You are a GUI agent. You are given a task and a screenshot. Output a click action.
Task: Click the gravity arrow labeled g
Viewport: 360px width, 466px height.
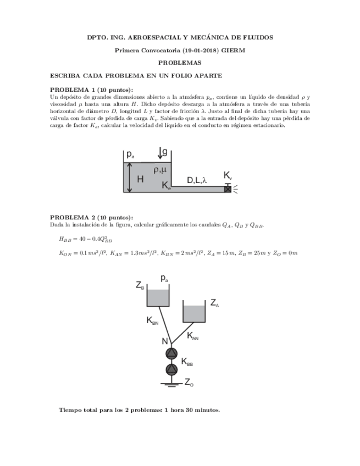(159, 152)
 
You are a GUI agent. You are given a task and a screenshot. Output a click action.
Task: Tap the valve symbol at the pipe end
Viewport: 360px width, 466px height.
(228, 189)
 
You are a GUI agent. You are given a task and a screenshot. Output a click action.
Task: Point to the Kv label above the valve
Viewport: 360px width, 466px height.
(228, 175)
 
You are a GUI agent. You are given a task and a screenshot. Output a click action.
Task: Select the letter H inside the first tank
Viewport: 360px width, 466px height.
(140, 179)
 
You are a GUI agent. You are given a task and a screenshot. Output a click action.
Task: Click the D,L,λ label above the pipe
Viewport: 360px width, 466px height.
(197, 180)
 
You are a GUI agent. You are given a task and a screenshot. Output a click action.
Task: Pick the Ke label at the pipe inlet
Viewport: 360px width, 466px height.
(166, 186)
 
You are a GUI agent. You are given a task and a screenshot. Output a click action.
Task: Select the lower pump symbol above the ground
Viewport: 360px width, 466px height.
(172, 369)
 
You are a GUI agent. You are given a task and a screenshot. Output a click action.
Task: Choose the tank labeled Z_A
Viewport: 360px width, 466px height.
(193, 313)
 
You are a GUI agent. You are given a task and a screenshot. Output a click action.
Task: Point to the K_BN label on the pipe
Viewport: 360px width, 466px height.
(152, 321)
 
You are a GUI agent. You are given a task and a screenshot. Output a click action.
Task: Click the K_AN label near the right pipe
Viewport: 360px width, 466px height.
(192, 336)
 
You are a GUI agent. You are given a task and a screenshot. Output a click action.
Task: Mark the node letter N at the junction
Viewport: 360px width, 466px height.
(164, 341)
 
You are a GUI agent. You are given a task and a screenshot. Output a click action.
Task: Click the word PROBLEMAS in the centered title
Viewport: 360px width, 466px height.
(180, 63)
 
